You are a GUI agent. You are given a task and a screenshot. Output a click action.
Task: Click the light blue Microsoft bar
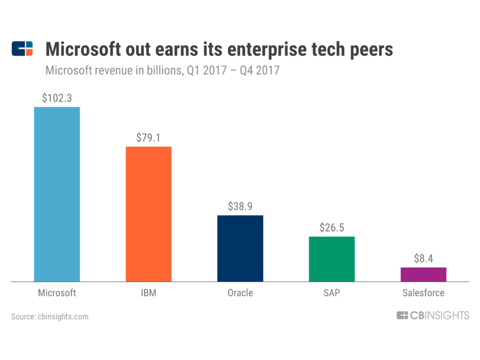coord(57,194)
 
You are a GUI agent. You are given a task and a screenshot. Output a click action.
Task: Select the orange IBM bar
coord(148,214)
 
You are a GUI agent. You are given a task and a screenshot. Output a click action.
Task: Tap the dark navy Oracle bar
coord(240,248)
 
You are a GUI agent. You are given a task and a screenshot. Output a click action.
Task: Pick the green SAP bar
coord(332,259)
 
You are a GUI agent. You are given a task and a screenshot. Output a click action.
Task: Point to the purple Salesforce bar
coord(423,274)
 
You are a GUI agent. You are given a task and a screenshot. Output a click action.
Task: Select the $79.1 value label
coord(148,137)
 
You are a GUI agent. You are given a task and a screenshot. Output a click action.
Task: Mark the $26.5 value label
coord(332,227)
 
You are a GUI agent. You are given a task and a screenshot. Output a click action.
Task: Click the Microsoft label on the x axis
coord(57,293)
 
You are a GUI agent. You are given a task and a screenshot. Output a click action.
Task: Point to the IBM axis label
coord(148,293)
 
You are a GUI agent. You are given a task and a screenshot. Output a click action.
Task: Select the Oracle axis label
coord(240,293)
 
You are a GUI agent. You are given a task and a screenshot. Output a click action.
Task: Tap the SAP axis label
coord(332,293)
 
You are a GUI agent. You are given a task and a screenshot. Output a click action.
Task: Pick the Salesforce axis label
coord(423,293)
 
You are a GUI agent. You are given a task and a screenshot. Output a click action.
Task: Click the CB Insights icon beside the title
coord(22,49)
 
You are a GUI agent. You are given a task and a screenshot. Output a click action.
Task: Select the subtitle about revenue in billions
coord(162,70)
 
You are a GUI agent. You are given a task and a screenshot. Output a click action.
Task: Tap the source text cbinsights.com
coord(50,316)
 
